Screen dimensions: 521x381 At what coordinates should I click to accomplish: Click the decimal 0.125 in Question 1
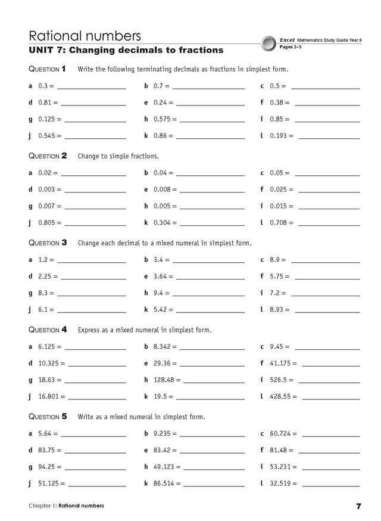coord(47,119)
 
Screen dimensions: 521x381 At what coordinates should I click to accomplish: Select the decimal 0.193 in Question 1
coord(278,136)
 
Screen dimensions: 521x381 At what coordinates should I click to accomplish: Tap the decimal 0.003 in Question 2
coord(47,190)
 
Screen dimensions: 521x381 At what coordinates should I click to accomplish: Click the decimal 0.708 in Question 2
coord(278,223)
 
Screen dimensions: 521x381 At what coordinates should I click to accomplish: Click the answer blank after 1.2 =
coord(92,261)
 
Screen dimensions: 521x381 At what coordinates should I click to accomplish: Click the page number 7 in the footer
coord(359,507)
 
